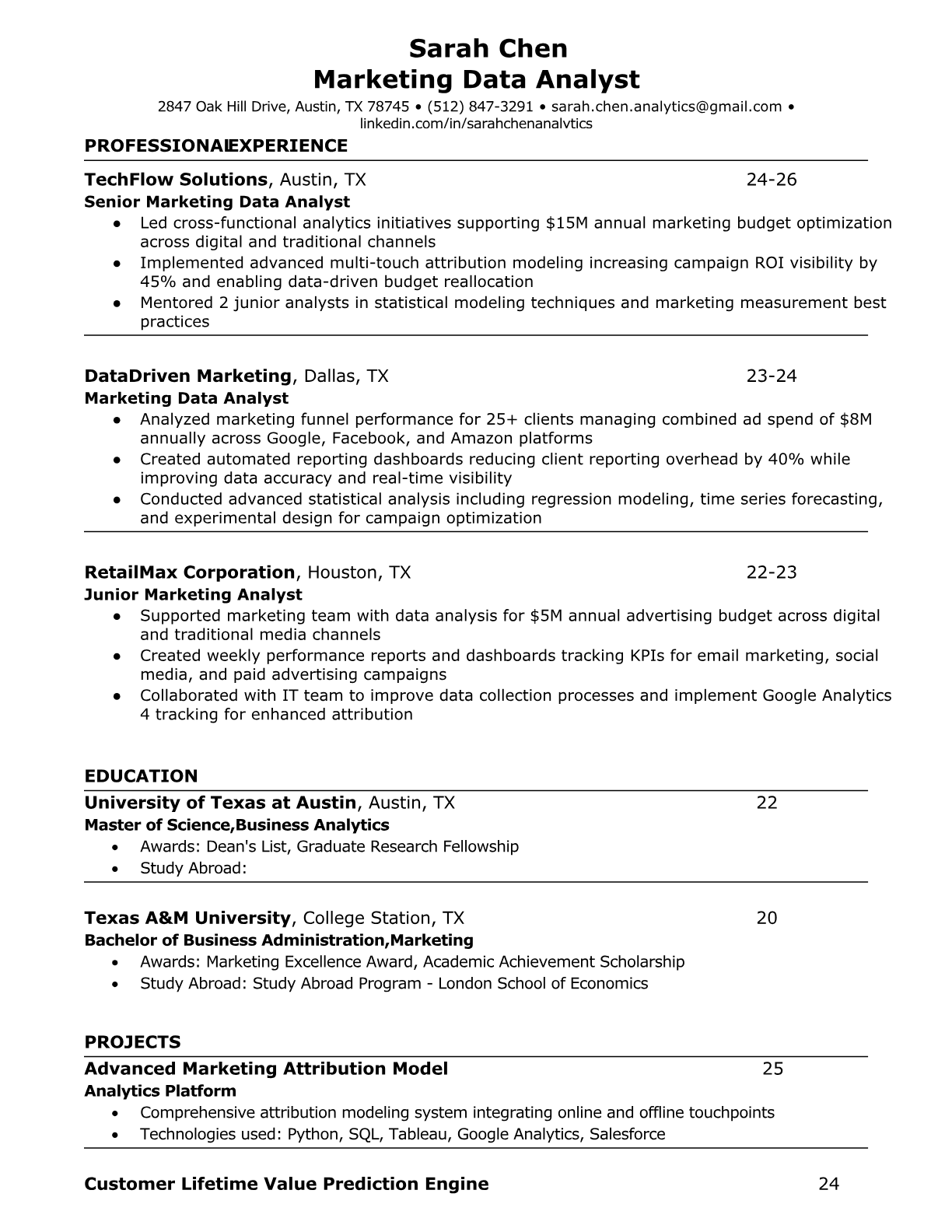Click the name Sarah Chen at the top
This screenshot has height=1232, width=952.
tap(488, 49)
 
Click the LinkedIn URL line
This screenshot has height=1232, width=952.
tap(476, 124)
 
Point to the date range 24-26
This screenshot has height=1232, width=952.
tap(772, 180)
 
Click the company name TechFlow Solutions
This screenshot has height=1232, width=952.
tap(176, 180)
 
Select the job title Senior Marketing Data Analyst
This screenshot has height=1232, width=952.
tap(217, 202)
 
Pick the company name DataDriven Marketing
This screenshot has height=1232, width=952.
tap(187, 376)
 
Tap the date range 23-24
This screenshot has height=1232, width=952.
tap(772, 376)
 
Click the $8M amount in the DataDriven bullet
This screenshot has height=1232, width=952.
tap(856, 420)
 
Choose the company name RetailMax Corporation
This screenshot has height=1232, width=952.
tap(190, 573)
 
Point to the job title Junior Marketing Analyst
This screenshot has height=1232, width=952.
tap(193, 595)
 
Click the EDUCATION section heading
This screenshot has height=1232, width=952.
tap(141, 776)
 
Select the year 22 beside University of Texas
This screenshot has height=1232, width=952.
tap(767, 803)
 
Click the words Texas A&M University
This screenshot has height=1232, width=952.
tap(187, 918)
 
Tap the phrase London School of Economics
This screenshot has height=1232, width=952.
tap(543, 983)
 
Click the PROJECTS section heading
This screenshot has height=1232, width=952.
tap(132, 1042)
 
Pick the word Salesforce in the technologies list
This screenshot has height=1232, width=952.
tap(627, 1134)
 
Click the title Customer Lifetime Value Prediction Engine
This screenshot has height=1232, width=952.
tap(286, 1184)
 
